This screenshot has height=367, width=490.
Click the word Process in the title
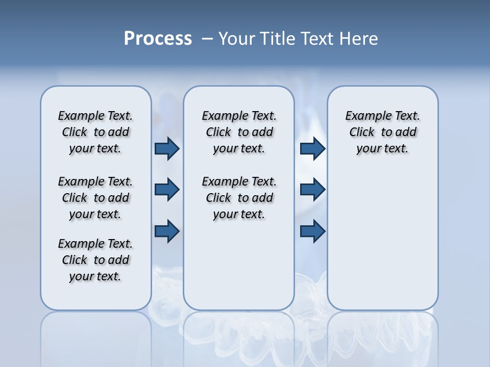158,39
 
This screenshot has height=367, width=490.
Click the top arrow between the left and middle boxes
167,149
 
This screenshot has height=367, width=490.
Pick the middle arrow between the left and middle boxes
167,190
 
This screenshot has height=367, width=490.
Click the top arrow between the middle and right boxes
312,149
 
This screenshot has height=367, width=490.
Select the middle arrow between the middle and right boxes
312,190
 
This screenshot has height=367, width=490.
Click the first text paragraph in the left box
95,132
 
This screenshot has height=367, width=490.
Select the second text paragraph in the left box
95,198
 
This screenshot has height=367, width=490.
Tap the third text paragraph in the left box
95,260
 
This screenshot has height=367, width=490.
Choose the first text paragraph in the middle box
239,132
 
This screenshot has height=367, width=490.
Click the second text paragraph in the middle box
239,198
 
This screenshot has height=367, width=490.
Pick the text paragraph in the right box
382,132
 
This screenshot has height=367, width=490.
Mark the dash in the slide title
207,39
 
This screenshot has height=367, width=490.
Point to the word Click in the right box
362,133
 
